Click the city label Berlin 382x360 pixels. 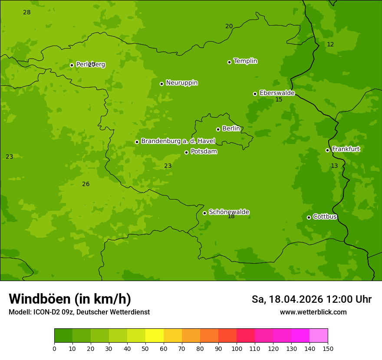[x=231, y=128]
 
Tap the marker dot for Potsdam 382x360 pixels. [x=187, y=152]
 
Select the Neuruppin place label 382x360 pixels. [x=181, y=82]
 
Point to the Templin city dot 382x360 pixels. [x=229, y=62]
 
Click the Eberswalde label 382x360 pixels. [x=277, y=93]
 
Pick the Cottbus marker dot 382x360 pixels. [x=309, y=217]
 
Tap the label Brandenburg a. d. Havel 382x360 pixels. [x=178, y=141]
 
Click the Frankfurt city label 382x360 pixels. [x=346, y=149]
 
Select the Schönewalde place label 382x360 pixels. [x=229, y=212]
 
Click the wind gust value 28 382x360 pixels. [x=27, y=12]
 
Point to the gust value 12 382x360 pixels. [x=330, y=44]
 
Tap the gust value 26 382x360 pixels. [x=86, y=184]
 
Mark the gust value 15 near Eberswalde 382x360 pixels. [x=279, y=100]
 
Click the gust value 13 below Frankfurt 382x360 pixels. [x=334, y=166]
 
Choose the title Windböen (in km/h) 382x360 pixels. [x=70, y=299]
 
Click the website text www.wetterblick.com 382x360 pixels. [x=313, y=312]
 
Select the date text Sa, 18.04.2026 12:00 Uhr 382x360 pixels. [x=311, y=299]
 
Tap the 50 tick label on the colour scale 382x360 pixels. [x=145, y=348]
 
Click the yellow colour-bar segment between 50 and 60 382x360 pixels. [x=155, y=336]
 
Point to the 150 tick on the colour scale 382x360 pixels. [x=328, y=348]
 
